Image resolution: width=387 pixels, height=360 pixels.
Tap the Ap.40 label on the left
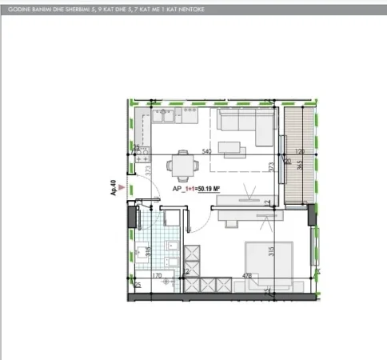click(x=115, y=188)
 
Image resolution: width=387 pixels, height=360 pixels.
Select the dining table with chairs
click(x=181, y=166)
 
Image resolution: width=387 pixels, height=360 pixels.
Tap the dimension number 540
click(x=206, y=151)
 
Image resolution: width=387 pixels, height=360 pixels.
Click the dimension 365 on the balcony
click(x=298, y=168)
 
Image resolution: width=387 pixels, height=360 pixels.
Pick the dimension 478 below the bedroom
click(x=248, y=276)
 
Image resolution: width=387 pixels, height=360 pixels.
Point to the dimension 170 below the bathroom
click(x=157, y=276)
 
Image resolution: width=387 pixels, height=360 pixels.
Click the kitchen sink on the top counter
click(x=170, y=120)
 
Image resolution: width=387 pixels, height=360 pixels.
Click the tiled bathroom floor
click(x=152, y=240)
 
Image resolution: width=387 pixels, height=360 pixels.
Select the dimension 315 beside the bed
click(x=273, y=250)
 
